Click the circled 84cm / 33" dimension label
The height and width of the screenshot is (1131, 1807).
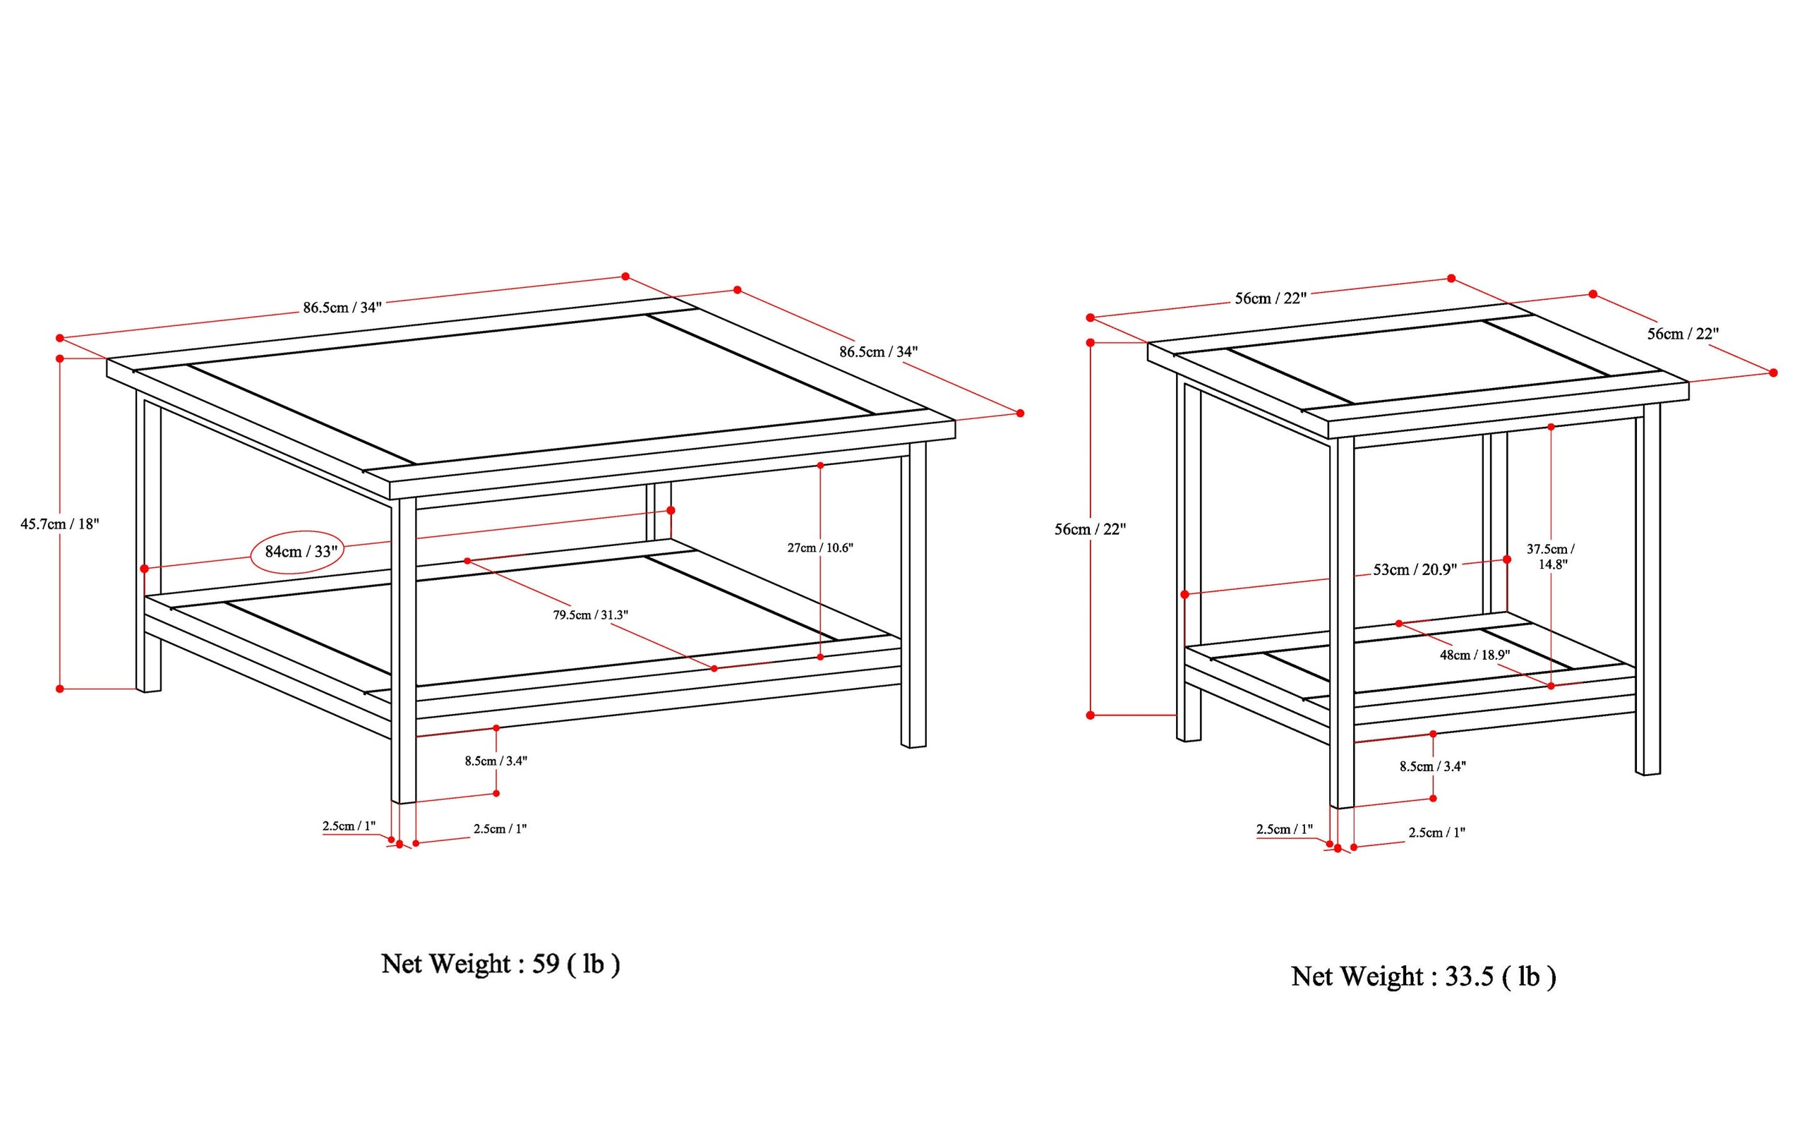[x=301, y=552]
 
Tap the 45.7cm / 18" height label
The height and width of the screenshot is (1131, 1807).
[x=59, y=524]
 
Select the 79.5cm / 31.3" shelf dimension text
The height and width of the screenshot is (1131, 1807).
[x=590, y=615]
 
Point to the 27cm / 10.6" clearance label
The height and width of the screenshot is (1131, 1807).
[x=820, y=548]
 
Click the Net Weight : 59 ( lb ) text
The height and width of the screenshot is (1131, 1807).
[x=500, y=964]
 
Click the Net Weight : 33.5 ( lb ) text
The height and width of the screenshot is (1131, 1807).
[x=1423, y=976]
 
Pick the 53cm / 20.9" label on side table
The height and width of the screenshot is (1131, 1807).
[x=1414, y=570]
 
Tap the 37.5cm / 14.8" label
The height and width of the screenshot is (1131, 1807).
[x=1550, y=557]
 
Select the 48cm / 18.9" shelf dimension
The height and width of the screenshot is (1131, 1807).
[x=1474, y=655]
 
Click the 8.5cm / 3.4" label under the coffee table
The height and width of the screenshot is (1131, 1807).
[x=496, y=761]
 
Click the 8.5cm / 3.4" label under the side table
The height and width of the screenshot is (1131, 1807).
[x=1432, y=766]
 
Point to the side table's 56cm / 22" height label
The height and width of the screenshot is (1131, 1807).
[x=1089, y=530]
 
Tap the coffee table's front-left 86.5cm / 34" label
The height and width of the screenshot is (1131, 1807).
[x=342, y=308]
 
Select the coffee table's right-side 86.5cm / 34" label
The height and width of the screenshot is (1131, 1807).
[x=877, y=351]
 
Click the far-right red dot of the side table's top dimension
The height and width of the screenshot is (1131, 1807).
[x=1772, y=373]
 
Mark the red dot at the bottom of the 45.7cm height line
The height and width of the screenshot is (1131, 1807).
[x=60, y=689]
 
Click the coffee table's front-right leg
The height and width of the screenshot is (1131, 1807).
[x=913, y=598]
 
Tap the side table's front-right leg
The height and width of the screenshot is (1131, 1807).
[x=1647, y=598]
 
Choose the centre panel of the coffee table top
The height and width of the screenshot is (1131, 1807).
[x=532, y=389]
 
